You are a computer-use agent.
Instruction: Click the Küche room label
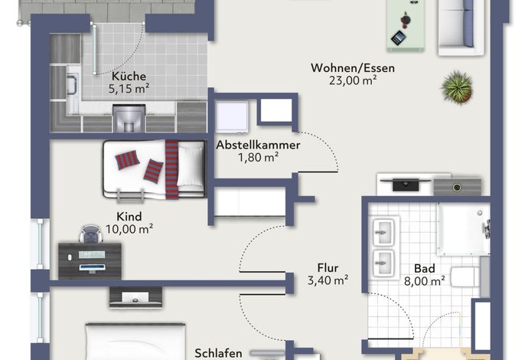pos(129,76)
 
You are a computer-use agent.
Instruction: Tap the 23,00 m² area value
pos(353,80)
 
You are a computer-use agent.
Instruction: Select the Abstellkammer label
pos(258,145)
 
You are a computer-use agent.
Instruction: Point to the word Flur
pos(328,268)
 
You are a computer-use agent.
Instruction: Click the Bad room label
pos(425,269)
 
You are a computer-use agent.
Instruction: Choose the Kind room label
pos(129,217)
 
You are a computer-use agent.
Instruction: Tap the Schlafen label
pos(218,353)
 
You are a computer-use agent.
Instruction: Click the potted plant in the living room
pos(457,87)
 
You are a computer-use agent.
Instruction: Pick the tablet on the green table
pos(399,38)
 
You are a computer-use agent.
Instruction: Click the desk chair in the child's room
pos(91,234)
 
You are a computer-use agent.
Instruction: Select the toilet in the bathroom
pos(465,277)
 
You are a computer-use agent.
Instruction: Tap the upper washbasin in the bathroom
pos(383,231)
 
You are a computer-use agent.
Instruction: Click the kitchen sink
pos(72,84)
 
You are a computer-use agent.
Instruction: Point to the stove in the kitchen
pos(129,118)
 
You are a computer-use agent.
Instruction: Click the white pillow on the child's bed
pos(191,165)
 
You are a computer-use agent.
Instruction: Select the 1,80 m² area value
pos(258,158)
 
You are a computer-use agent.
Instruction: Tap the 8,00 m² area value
pos(425,281)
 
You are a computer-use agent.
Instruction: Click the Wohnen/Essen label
pos(353,68)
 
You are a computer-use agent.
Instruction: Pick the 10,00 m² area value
pos(129,229)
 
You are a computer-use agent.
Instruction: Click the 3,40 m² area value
pos(328,280)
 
